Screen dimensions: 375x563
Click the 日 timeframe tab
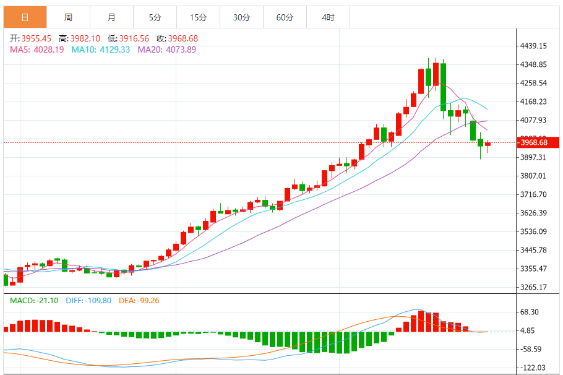[25, 17]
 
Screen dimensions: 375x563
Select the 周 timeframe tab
[68, 17]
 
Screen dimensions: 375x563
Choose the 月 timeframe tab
[111, 17]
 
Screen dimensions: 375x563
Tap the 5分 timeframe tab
[155, 17]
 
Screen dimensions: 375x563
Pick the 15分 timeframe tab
[198, 17]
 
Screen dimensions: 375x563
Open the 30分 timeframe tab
[241, 17]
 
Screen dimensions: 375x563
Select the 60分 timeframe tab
[285, 17]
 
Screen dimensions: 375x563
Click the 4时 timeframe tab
[328, 17]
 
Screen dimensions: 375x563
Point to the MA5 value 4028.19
[49, 50]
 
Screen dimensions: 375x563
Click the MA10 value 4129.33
[113, 50]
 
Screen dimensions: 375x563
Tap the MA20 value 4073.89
[178, 50]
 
